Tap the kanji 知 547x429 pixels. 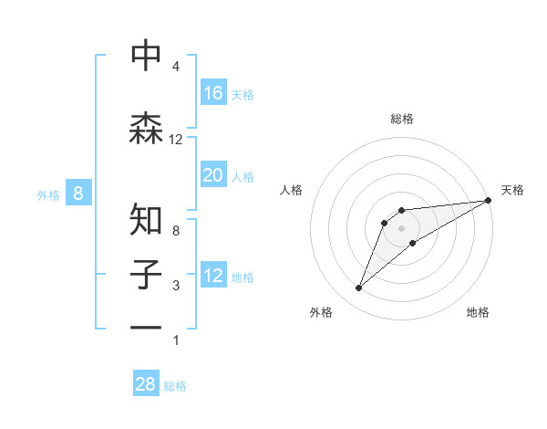pyautogui.click(x=146, y=220)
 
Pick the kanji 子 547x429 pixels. pyautogui.click(x=146, y=276)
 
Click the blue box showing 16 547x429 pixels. pyautogui.click(x=213, y=92)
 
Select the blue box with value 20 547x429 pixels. pyautogui.click(x=213, y=175)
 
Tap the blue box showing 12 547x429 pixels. pyautogui.click(x=213, y=276)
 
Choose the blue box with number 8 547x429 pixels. pyautogui.click(x=79, y=193)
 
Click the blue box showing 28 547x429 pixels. pyautogui.click(x=146, y=384)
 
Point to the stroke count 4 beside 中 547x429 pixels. pyautogui.click(x=175, y=68)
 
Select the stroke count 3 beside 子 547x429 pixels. pyautogui.click(x=175, y=287)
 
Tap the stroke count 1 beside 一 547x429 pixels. pyautogui.click(x=175, y=340)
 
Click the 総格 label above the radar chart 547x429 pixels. pyautogui.click(x=401, y=119)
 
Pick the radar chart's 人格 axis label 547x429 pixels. pyautogui.click(x=292, y=190)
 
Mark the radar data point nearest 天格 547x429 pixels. pyautogui.click(x=488, y=201)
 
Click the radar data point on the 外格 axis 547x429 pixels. pyautogui.click(x=359, y=288)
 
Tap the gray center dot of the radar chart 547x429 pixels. pyautogui.click(x=401, y=227)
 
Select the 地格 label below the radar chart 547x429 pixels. pyautogui.click(x=478, y=312)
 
